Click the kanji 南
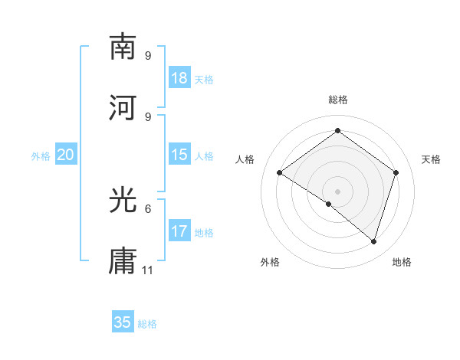coord(123,47)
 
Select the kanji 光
coord(123,201)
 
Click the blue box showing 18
coord(179,78)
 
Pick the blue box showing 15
coord(179,155)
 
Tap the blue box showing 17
coord(179,231)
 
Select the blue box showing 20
coord(66,155)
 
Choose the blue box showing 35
coord(123,322)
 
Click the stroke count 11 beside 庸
coord(148,270)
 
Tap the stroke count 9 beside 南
coord(148,55)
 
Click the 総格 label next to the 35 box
coord(147,324)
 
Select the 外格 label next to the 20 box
coord(41,156)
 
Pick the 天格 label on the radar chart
coord(432,159)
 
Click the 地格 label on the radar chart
coord(402,262)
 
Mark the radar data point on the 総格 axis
coord(337,132)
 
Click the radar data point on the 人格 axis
coord(280,173)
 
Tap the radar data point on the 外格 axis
coord(329,204)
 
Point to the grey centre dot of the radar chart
coord(337,191)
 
